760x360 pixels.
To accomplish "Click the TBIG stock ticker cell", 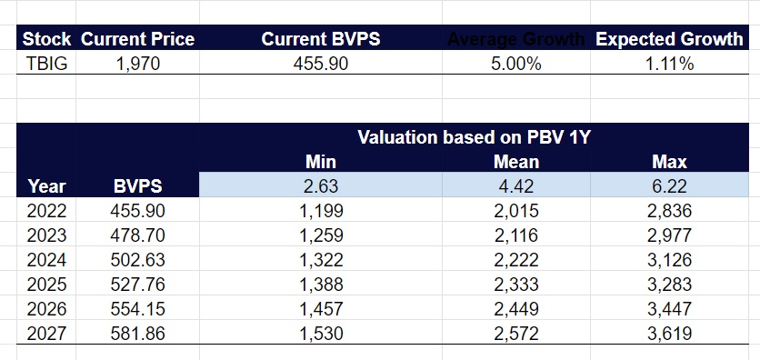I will pyautogui.click(x=45, y=64).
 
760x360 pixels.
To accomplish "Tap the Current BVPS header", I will pyautogui.click(x=321, y=40).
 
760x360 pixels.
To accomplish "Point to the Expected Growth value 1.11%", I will pyautogui.click(x=669, y=64).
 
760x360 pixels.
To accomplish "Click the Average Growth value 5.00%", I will pyautogui.click(x=516, y=64).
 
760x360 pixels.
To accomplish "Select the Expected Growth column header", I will pyautogui.click(x=669, y=40).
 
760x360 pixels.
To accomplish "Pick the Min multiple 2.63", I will pyautogui.click(x=321, y=186).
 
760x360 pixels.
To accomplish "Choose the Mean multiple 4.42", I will pyautogui.click(x=516, y=186).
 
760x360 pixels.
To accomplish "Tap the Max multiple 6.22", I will pyautogui.click(x=669, y=186).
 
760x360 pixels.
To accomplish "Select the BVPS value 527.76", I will pyautogui.click(x=137, y=283).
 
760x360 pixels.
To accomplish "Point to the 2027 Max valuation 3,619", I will pyautogui.click(x=669, y=332).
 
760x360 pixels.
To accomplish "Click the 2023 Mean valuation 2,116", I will pyautogui.click(x=516, y=235).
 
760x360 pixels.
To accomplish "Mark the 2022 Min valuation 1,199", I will pyautogui.click(x=321, y=211).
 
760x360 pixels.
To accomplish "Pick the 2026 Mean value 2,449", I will pyautogui.click(x=516, y=307).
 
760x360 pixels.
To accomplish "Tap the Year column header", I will pyautogui.click(x=47, y=186).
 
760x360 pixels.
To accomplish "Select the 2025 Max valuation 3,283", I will pyautogui.click(x=669, y=283).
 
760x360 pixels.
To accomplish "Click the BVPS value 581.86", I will pyautogui.click(x=137, y=332).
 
